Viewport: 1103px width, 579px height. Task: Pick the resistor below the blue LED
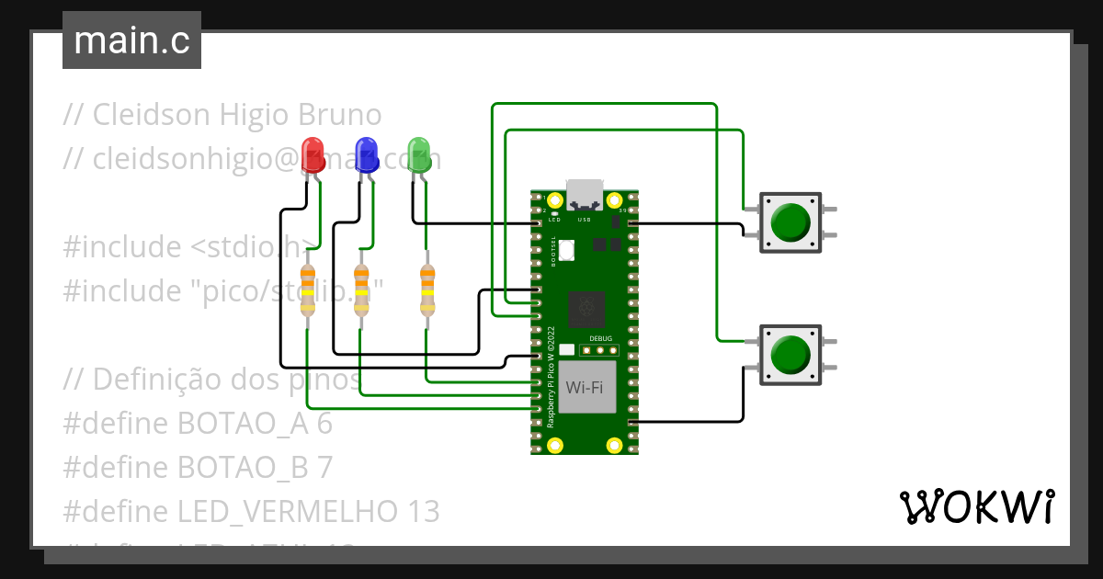coord(361,290)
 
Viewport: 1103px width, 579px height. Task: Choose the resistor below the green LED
coord(426,290)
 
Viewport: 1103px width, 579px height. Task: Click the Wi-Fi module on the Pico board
coord(586,387)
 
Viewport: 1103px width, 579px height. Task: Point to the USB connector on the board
coord(586,196)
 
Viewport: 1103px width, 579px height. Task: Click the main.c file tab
coord(131,40)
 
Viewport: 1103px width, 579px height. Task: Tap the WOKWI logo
coord(977,506)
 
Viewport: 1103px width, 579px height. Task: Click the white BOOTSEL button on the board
coord(567,249)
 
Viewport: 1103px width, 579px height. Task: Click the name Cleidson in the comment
coord(154,115)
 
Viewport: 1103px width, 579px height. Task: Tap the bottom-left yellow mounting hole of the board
coord(554,446)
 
